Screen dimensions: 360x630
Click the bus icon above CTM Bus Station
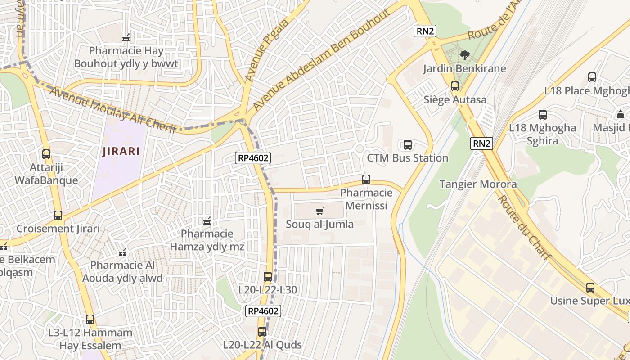click(408, 144)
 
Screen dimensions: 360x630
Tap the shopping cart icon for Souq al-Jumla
click(320, 211)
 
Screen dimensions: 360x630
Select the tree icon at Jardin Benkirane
click(464, 55)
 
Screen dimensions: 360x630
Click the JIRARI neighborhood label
click(121, 151)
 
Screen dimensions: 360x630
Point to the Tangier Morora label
click(478, 184)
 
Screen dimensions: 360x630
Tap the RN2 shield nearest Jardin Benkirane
click(425, 31)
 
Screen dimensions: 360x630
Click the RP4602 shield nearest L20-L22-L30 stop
click(263, 310)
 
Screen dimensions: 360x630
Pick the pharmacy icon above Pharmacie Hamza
click(207, 221)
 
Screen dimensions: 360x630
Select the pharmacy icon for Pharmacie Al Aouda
click(122, 252)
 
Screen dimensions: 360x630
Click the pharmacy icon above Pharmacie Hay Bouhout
click(126, 37)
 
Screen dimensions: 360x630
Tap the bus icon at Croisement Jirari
click(58, 216)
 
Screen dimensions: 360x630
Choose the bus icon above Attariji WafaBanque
click(46, 154)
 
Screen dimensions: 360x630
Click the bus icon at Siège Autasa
click(455, 86)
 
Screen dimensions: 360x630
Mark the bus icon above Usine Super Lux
click(590, 287)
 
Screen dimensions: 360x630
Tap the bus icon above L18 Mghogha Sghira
click(543, 115)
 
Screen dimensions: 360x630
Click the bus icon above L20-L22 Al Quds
click(262, 332)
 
